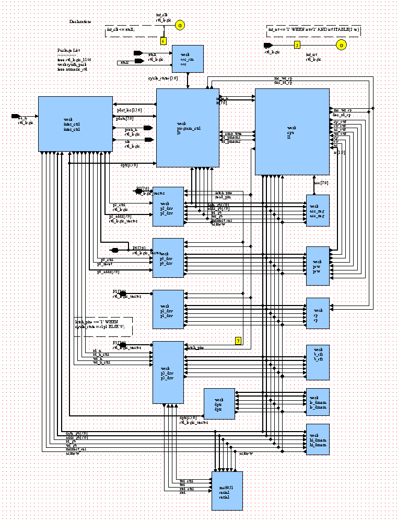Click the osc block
(x=188, y=59)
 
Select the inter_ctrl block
(x=75, y=124)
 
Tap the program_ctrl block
(x=188, y=128)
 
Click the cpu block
(x=292, y=131)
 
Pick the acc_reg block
(x=318, y=210)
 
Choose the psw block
(x=318, y=266)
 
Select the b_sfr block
(x=318, y=362)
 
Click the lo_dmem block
(x=318, y=402)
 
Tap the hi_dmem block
(x=318, y=439)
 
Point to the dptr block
(x=219, y=404)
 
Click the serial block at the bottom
(x=227, y=491)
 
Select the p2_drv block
(x=168, y=206)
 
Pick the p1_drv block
(x=168, y=310)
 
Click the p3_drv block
(x=168, y=372)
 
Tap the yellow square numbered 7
(x=238, y=341)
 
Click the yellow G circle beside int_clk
(x=179, y=25)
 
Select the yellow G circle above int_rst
(x=341, y=46)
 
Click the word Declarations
(x=80, y=22)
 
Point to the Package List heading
(x=67, y=51)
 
